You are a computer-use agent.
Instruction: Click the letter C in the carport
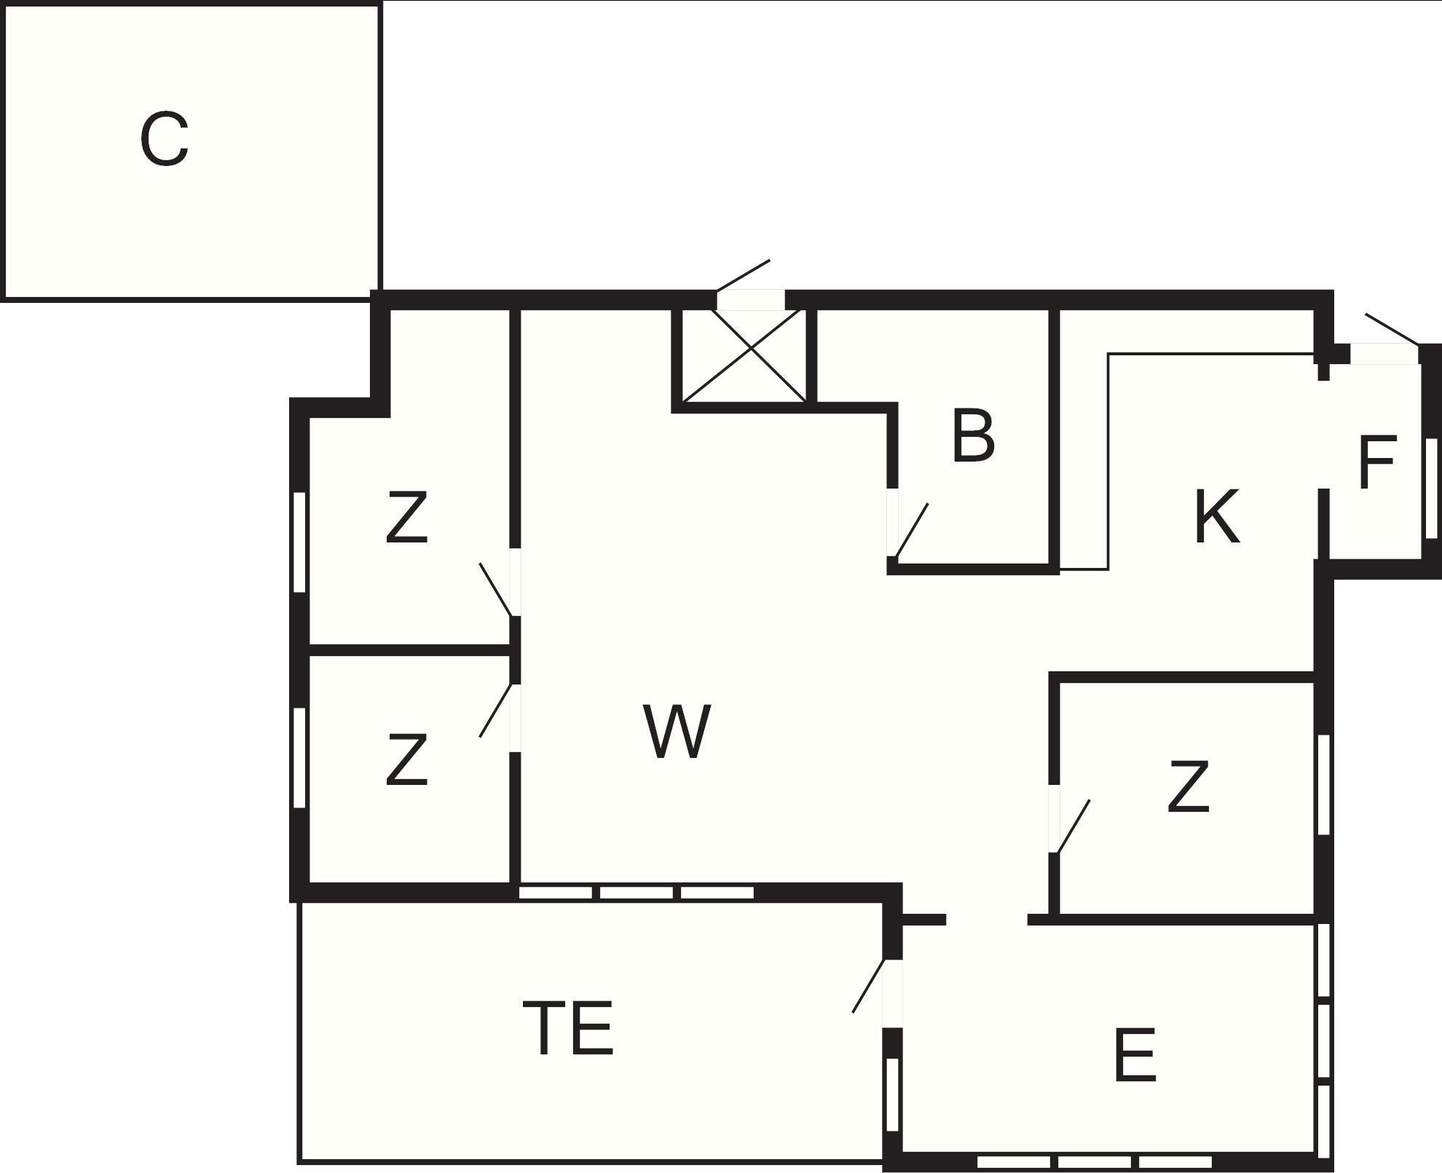point(164,138)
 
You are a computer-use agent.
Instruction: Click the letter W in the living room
point(677,731)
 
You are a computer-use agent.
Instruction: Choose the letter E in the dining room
point(1135,1054)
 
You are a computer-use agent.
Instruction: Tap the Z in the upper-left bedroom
point(406,517)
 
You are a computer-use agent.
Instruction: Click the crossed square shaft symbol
point(744,355)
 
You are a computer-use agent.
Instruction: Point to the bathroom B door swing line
point(912,530)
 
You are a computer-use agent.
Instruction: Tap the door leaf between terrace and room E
point(869,985)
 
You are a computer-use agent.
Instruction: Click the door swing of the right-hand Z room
point(1073,826)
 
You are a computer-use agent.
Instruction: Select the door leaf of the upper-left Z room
point(496,590)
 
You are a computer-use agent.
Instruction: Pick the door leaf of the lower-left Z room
point(497,710)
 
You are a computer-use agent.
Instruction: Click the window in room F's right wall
point(1432,489)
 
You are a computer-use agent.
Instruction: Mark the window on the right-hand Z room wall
point(1324,785)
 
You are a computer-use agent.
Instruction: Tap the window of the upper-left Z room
point(299,542)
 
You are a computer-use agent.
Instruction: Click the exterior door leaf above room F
point(1392,329)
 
